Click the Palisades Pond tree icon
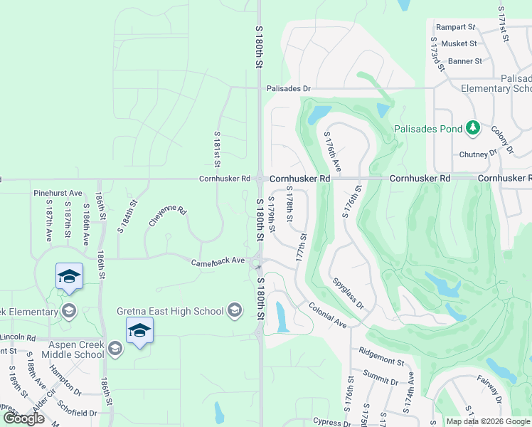coord(472,128)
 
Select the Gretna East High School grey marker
coord(235,310)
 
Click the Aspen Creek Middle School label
coord(73,349)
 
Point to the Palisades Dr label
coord(289,89)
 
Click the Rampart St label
coord(456,27)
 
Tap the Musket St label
coord(459,44)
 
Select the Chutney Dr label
coord(477,153)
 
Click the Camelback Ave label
coord(218,263)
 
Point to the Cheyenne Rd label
coord(168,216)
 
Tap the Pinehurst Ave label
coord(58,193)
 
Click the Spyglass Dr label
coord(348,293)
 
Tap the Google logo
coord(24,418)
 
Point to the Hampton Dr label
coord(65,381)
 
